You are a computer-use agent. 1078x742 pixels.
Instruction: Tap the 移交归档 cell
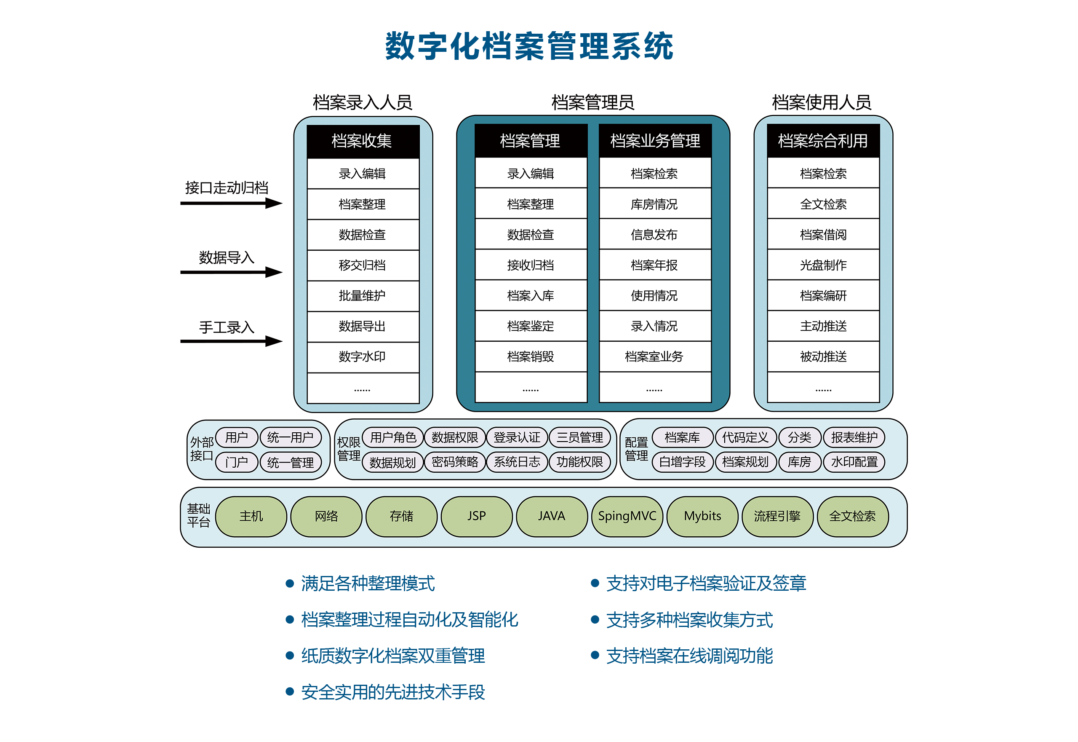362,265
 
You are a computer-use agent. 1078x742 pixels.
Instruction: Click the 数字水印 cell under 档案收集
362,356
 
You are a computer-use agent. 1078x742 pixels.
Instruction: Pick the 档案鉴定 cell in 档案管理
530,326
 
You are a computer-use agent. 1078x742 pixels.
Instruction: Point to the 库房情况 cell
654,204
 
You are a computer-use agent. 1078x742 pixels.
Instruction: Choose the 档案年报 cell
654,265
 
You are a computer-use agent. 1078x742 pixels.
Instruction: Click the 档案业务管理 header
655,140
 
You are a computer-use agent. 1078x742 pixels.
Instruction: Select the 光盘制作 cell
823,265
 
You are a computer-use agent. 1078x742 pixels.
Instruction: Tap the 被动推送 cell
823,356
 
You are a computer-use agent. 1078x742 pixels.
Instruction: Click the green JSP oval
476,516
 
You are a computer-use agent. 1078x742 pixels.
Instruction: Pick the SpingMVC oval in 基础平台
627,516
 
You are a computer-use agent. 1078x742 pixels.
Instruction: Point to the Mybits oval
702,516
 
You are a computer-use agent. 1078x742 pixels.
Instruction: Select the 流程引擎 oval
777,516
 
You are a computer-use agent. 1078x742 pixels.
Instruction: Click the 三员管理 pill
579,437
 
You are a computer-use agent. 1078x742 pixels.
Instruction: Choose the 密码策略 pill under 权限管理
455,462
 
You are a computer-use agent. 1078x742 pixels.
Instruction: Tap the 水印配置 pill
854,462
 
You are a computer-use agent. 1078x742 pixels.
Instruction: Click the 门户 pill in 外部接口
237,462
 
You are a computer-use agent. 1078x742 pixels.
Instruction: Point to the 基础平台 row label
198,515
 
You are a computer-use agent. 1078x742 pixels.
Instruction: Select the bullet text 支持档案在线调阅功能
689,655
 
